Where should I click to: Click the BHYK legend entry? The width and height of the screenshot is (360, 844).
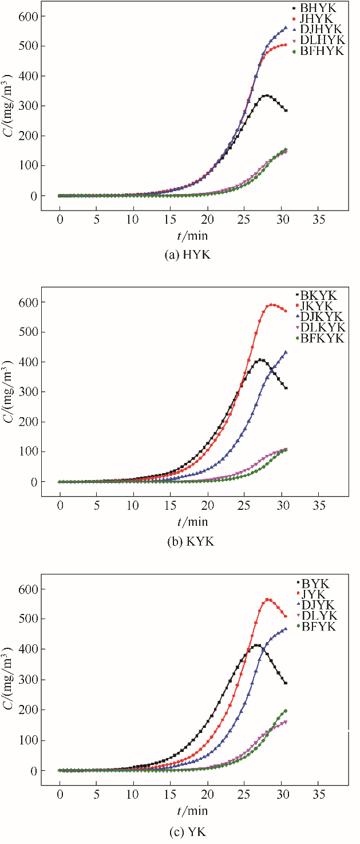321,8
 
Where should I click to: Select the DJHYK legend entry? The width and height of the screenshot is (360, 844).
321,30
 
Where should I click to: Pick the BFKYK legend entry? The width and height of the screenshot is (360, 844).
321,339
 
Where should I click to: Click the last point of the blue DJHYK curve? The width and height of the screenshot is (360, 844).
286,27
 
